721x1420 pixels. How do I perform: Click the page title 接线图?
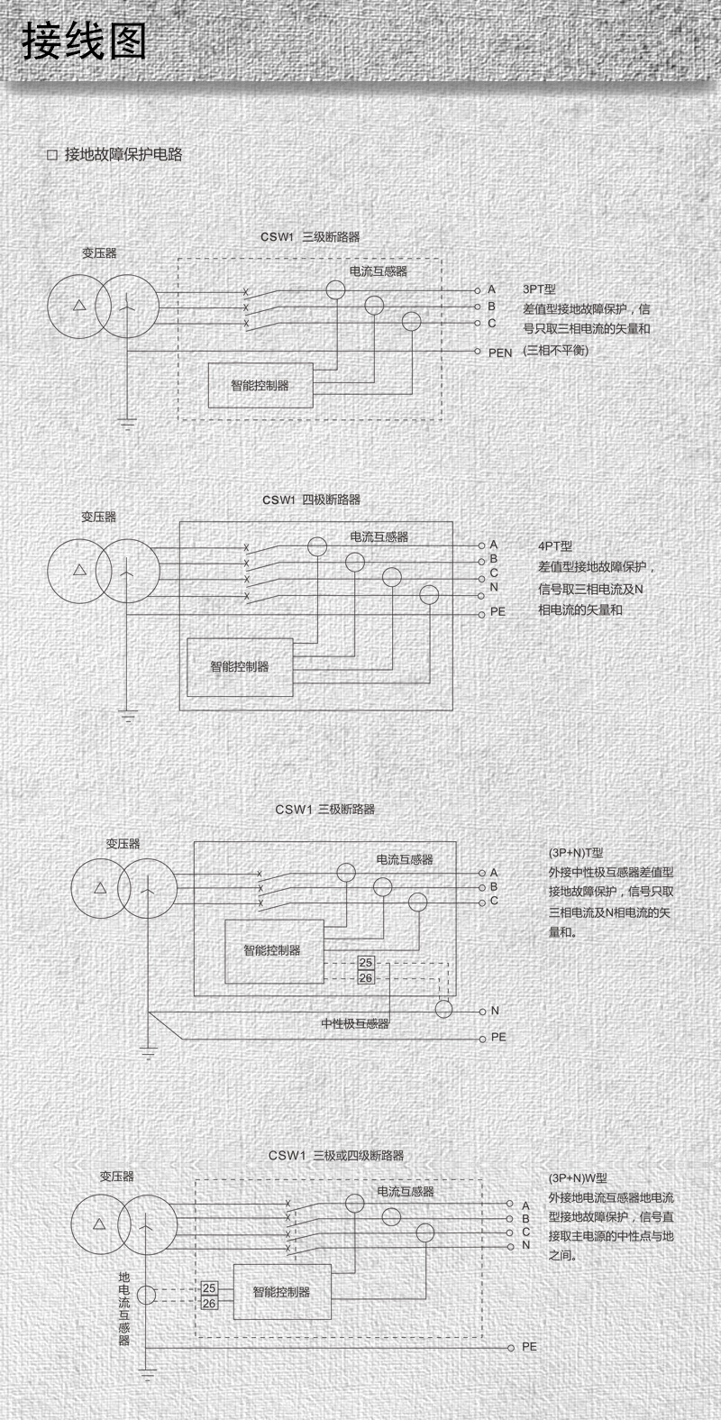tap(84, 41)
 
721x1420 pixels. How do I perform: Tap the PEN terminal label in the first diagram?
tap(500, 353)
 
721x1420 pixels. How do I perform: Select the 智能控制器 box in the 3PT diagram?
tap(260, 385)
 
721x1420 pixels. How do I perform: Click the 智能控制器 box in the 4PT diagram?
tap(240, 667)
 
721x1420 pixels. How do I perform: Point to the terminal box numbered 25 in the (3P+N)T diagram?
tap(366, 963)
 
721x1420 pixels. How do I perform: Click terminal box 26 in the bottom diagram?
tap(209, 1303)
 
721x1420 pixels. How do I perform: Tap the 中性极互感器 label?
tap(355, 1024)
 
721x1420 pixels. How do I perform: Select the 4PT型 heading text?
tap(555, 546)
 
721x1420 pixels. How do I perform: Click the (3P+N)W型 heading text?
tap(578, 1177)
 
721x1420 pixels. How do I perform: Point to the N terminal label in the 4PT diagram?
tap(494, 587)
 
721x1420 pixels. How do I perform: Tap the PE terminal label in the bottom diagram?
tap(529, 1346)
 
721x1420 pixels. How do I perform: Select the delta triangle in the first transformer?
tap(80, 305)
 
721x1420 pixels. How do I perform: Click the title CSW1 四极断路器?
tap(311, 499)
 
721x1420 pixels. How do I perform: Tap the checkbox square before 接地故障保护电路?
tap(51, 155)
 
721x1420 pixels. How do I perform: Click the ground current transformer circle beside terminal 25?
tap(145, 1296)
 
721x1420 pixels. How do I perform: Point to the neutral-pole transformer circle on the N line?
tap(443, 1009)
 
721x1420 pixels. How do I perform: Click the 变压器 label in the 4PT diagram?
tap(99, 518)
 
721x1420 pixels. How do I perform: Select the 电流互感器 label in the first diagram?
tap(379, 270)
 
